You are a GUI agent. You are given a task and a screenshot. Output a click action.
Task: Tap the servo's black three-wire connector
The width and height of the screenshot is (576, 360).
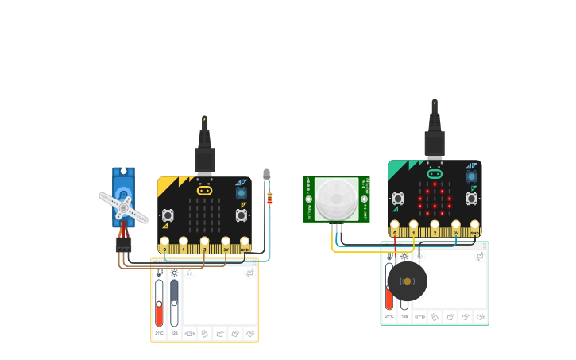tap(123, 246)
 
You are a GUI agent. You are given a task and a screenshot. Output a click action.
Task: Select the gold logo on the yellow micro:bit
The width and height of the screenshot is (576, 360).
tap(204, 191)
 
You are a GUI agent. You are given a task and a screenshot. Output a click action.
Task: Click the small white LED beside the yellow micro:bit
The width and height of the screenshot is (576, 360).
tap(266, 174)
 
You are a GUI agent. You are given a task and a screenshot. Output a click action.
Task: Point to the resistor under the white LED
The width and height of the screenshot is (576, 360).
tap(269, 199)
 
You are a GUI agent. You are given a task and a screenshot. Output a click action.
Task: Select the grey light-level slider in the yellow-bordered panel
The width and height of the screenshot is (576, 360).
tap(174, 301)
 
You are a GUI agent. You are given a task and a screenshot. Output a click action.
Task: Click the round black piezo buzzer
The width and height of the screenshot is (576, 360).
tap(407, 281)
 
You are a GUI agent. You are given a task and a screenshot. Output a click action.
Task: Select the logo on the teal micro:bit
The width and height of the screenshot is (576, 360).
tap(434, 173)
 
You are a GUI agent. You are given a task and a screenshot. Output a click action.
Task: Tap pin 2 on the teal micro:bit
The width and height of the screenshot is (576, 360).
tap(435, 227)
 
